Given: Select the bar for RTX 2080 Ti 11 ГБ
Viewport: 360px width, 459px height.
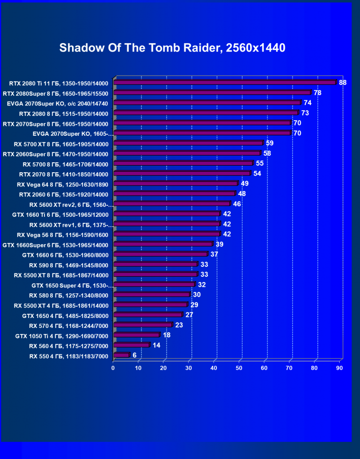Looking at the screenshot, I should [x=225, y=82].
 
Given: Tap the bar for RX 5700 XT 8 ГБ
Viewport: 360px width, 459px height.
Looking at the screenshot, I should [x=188, y=143].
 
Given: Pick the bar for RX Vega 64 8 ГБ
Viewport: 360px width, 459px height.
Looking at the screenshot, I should [x=175, y=184].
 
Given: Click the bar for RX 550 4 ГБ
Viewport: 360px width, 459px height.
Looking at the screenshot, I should [x=121, y=355].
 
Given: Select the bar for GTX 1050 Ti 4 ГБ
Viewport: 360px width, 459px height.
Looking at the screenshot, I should [x=136, y=335].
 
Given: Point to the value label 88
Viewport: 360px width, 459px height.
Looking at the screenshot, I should [x=342, y=82].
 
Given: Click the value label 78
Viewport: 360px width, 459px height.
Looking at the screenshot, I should [x=317, y=93].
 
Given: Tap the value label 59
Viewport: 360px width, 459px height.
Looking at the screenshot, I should [x=270, y=143].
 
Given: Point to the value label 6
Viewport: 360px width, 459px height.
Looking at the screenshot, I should [x=135, y=355].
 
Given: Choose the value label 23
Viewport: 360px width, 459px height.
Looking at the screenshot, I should [x=179, y=325].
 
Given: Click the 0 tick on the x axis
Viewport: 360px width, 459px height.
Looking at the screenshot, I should [x=113, y=368].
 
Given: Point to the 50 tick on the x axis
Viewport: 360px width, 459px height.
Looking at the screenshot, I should [x=239, y=368].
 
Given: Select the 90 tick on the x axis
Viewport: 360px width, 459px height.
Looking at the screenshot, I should [x=340, y=368].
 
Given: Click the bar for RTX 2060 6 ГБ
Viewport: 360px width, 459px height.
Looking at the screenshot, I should [x=174, y=194].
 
